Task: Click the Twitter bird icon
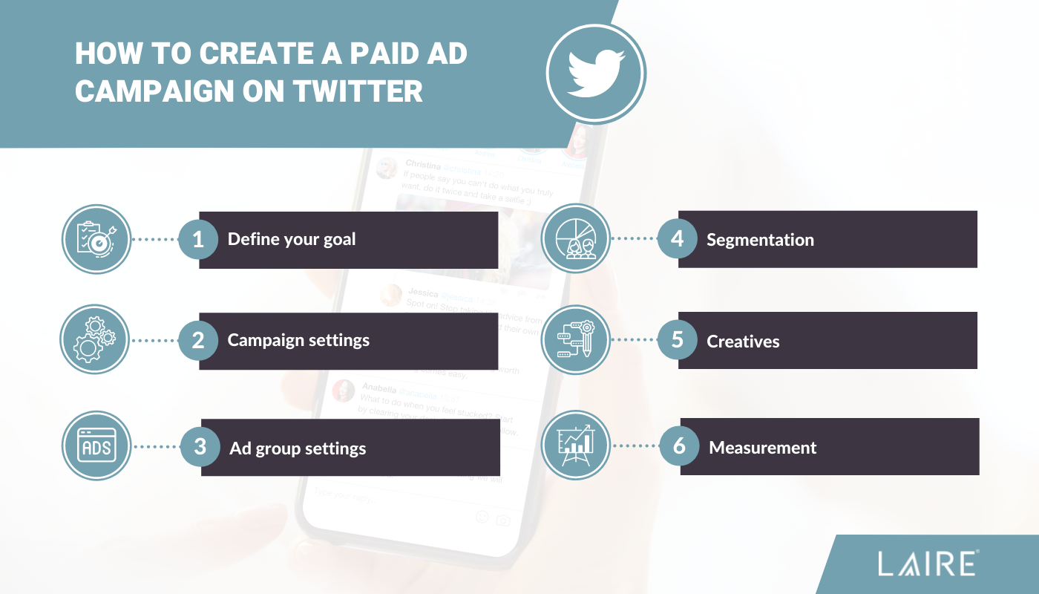point(596,72)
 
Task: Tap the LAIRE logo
point(928,564)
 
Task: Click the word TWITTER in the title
point(358,91)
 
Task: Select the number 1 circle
point(198,239)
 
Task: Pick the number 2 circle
point(198,341)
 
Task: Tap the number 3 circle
point(200,447)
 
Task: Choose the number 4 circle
point(677,239)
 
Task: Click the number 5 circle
point(677,341)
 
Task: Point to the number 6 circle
point(679,446)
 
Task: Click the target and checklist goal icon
point(96,239)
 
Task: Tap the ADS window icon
point(96,447)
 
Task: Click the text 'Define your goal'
point(292,240)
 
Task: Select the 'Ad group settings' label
point(298,449)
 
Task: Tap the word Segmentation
point(760,240)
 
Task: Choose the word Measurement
point(763,448)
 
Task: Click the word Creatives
point(743,342)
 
